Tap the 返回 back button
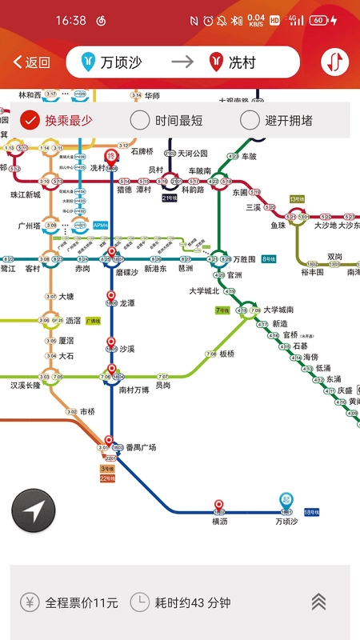(x=32, y=62)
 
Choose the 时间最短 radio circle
(x=140, y=121)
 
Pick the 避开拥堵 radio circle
(x=250, y=121)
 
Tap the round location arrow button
(x=34, y=510)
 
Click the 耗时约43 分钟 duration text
(x=191, y=602)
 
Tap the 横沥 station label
(x=220, y=521)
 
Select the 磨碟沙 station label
(x=127, y=272)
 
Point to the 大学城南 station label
(x=278, y=310)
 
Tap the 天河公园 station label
(x=193, y=153)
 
